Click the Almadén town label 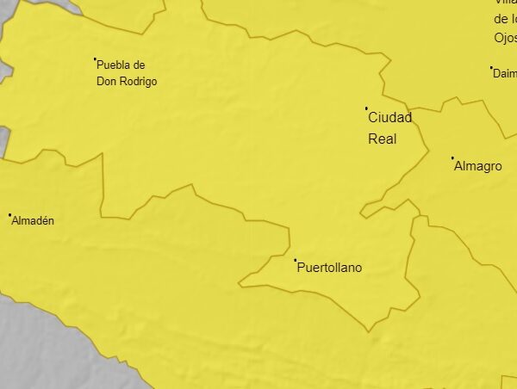pyautogui.click(x=33, y=221)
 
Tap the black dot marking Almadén pyautogui.click(x=9, y=215)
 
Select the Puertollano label pyautogui.click(x=329, y=268)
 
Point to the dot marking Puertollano pyautogui.click(x=295, y=260)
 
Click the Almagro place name pyautogui.click(x=477, y=166)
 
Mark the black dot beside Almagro pyautogui.click(x=452, y=158)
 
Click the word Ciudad pyautogui.click(x=389, y=118)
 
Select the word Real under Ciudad pyautogui.click(x=382, y=138)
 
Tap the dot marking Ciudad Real pyautogui.click(x=366, y=108)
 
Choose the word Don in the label pyautogui.click(x=107, y=82)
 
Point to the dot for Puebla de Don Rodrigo pyautogui.click(x=95, y=59)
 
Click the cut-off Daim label pyautogui.click(x=505, y=74)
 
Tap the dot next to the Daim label pyautogui.click(x=491, y=67)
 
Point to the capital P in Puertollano pyautogui.click(x=301, y=268)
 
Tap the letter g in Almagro pyautogui.click(x=486, y=167)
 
